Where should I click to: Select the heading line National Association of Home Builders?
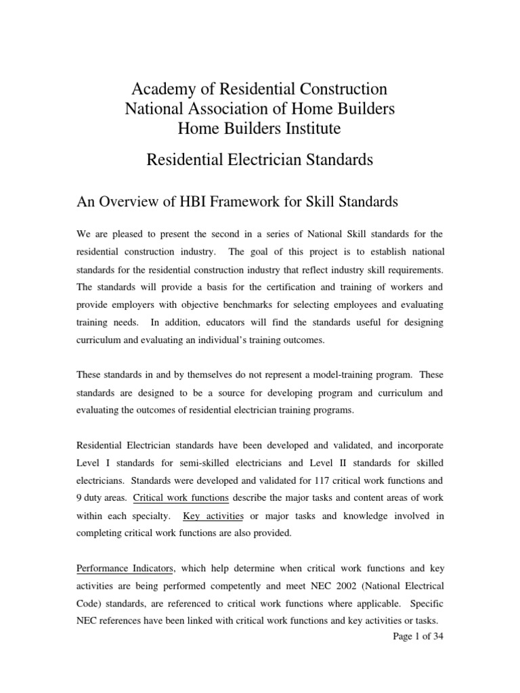(260, 108)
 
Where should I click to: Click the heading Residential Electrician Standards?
(260, 160)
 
